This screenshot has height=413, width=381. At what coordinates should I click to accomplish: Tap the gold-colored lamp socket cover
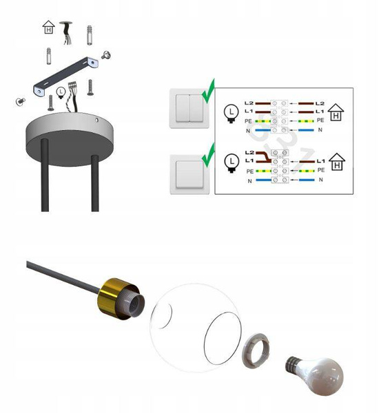point(117,297)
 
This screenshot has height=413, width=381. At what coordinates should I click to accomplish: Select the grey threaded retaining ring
point(256,350)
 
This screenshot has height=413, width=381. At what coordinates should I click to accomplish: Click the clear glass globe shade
point(195,328)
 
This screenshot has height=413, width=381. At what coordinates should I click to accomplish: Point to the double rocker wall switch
point(189,108)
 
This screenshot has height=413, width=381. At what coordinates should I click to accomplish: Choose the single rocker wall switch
point(189,174)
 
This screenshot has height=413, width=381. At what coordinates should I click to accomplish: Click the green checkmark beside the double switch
point(209,91)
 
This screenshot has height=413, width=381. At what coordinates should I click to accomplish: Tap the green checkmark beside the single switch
point(209,156)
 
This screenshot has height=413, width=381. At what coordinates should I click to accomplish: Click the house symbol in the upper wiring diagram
point(336,112)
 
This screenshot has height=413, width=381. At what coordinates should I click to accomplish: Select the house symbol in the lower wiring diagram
point(337,162)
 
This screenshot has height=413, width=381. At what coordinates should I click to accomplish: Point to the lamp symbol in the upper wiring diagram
point(231,114)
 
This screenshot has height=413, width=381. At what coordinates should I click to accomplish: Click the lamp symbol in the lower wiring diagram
point(231,163)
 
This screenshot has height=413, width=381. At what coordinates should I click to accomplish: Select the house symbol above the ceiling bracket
point(48,27)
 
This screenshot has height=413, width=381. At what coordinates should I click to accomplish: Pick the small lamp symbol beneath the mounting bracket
point(61,93)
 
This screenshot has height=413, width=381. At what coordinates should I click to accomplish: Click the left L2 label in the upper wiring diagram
point(249,103)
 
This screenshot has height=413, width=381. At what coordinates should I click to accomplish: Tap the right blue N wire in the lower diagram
point(307,180)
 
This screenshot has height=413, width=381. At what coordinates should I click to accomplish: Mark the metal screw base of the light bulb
point(292,365)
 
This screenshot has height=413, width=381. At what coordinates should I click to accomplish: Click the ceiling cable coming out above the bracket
point(66,32)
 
